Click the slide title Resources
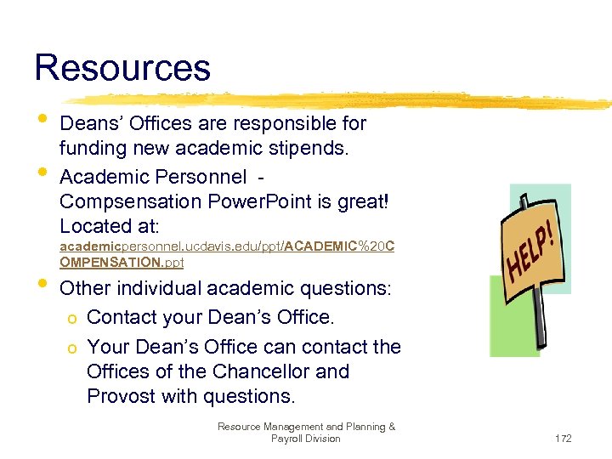coord(122,68)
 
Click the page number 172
coord(563,439)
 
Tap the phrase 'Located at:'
coord(116,226)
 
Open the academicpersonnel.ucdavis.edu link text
coord(170,246)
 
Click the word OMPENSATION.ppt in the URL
coord(122,263)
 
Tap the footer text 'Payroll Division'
coord(306,439)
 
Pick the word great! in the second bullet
coord(363,202)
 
